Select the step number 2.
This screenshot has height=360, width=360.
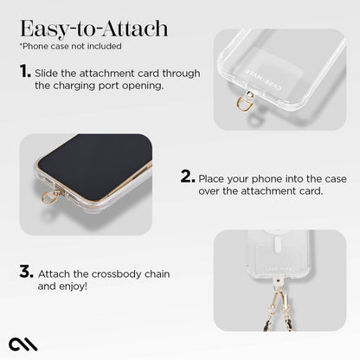187,177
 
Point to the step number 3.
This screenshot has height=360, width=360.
26,271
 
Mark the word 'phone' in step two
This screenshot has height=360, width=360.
268,178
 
